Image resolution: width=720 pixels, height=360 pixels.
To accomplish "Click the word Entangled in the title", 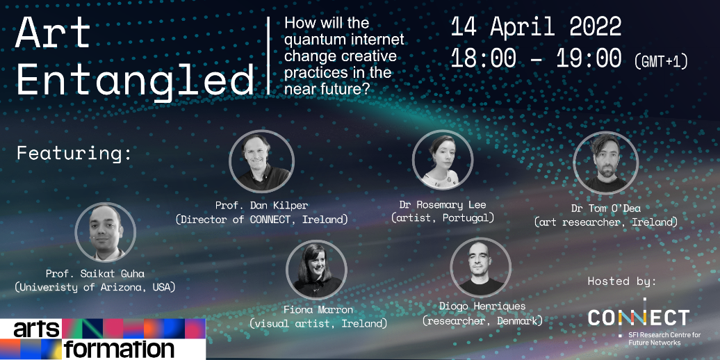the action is click(136, 80).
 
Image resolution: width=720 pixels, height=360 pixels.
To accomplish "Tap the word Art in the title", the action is click(53, 33).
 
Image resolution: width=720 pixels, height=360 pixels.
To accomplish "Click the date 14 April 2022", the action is click(536, 28).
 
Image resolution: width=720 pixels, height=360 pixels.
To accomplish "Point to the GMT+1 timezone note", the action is click(661, 61).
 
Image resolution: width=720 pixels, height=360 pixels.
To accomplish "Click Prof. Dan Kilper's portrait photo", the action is click(262, 162).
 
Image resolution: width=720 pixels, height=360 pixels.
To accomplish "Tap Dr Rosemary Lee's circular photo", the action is click(442, 160).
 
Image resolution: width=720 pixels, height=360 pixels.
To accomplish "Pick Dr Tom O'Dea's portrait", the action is click(605, 163).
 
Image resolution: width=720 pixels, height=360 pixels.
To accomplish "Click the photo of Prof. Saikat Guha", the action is click(105, 232).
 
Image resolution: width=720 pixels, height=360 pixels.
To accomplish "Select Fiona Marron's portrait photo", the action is click(316, 270).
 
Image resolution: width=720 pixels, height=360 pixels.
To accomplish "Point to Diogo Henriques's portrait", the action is click(481, 268).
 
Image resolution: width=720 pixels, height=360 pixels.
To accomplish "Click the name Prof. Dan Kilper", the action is click(261, 205).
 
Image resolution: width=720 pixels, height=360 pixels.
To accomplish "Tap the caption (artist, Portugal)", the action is click(443, 218).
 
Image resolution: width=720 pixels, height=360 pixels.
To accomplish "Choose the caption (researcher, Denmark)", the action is click(482, 320).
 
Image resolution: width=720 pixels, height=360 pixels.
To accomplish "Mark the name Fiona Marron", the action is click(318, 309).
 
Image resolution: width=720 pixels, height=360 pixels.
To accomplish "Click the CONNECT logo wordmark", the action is click(639, 316).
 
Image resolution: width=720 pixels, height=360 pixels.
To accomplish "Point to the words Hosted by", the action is click(622, 281).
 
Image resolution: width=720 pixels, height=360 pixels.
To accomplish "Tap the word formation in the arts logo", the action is click(120, 350).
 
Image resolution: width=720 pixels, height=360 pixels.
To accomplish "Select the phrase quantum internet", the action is click(344, 40).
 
